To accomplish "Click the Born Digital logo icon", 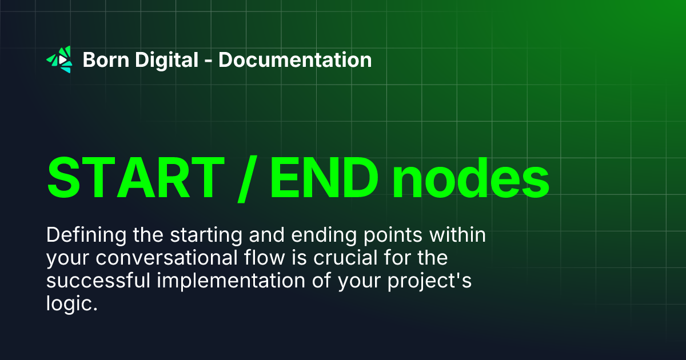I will [x=59, y=59].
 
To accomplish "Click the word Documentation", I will [x=295, y=59].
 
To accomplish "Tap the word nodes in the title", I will [x=470, y=177].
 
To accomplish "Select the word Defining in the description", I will [x=80, y=235].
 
